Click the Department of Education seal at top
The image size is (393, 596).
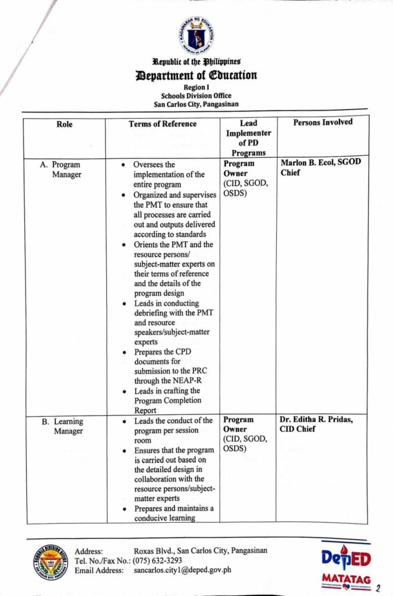click(196, 34)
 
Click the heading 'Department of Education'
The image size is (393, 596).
click(196, 75)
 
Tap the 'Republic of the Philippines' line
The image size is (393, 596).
click(196, 62)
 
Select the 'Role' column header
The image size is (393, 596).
click(64, 123)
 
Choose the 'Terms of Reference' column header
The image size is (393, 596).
click(162, 123)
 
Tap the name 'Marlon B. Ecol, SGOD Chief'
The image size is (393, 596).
click(320, 168)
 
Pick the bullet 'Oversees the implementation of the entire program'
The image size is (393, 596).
click(169, 174)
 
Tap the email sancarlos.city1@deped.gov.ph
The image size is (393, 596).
click(182, 570)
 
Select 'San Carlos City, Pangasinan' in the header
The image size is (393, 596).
click(196, 105)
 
